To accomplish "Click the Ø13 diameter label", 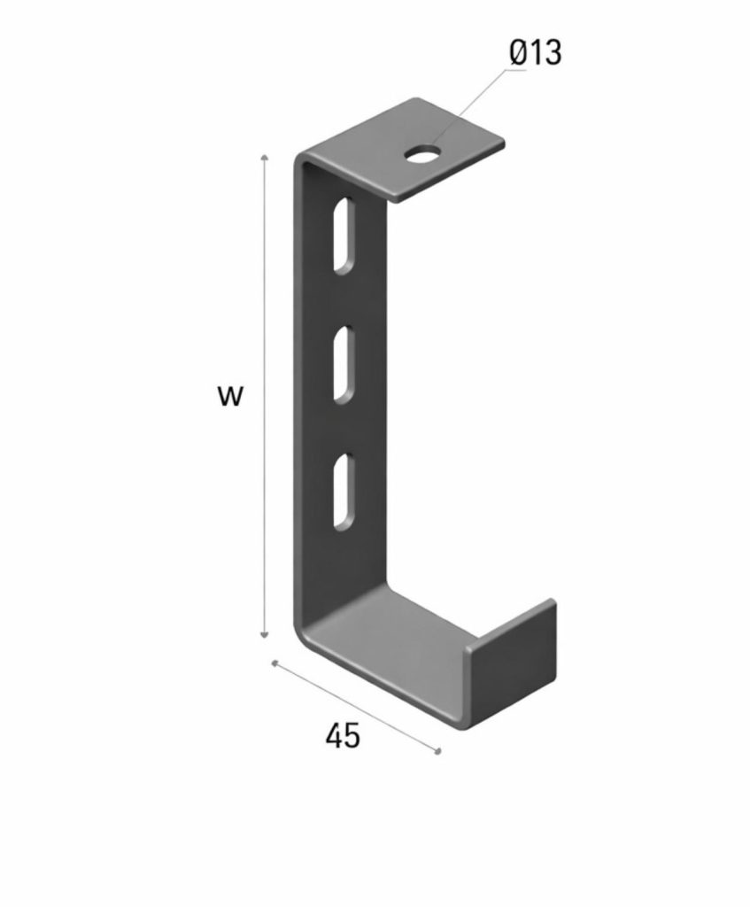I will click(536, 53).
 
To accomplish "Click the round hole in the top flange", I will click(424, 155).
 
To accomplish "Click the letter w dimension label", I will click(229, 396).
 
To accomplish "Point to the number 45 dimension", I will click(343, 735).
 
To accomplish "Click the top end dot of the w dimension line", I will click(264, 155).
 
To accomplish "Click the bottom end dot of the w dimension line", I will click(264, 635).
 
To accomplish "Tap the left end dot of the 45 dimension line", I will click(275, 663).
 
